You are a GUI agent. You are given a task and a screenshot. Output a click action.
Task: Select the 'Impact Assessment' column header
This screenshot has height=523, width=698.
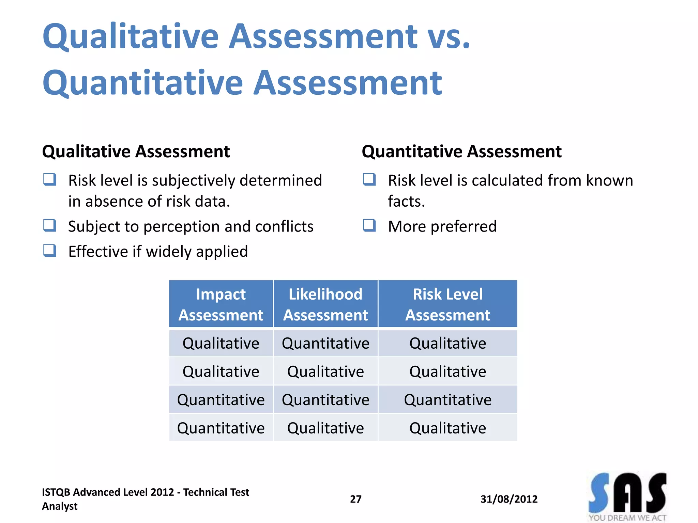click(221, 304)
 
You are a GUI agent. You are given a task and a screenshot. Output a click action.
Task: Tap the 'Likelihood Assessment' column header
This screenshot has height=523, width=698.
click(325, 304)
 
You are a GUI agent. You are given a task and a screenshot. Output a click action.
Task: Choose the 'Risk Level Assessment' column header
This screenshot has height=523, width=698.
click(447, 304)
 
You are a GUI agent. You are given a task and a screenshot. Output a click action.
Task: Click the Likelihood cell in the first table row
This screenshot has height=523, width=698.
click(325, 343)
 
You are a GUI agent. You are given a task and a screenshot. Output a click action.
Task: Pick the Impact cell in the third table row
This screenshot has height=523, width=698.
click(221, 400)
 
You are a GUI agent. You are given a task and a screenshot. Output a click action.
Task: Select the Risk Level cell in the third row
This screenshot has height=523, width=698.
click(447, 400)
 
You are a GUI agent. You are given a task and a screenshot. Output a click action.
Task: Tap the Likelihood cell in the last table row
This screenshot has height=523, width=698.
click(325, 428)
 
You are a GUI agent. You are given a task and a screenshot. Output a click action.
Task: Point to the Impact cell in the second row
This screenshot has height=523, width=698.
click(221, 371)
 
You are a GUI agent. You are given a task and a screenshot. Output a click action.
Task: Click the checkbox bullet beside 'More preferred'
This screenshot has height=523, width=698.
click(369, 225)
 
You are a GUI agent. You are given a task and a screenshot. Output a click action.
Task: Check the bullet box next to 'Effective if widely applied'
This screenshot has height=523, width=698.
click(50, 251)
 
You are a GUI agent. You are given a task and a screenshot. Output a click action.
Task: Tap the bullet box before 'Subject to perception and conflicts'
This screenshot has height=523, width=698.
click(50, 225)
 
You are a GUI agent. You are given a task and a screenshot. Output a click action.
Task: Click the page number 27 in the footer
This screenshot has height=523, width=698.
click(355, 499)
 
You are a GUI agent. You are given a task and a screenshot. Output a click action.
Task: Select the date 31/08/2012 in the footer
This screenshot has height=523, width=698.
click(509, 499)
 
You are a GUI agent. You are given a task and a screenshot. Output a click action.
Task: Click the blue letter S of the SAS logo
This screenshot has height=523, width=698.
click(599, 493)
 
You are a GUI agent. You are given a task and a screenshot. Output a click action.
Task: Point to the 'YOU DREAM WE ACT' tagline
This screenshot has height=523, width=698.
click(627, 518)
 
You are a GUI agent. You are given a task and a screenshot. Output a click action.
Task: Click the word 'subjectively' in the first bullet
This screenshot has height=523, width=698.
click(193, 180)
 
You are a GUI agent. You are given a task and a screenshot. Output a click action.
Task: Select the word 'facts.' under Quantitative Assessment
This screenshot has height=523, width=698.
click(406, 201)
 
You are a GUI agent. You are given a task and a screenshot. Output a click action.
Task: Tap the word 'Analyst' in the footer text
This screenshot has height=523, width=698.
click(60, 506)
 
